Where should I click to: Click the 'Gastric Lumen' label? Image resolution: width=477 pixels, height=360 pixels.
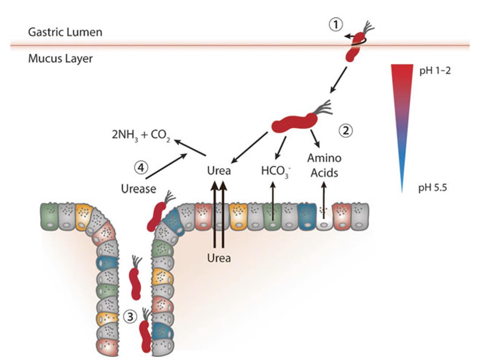(x=65, y=32)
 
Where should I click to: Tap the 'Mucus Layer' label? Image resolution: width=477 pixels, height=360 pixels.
(x=61, y=58)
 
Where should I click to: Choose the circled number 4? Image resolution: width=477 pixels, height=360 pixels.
(x=141, y=168)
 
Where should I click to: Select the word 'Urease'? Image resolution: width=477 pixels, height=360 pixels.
(x=138, y=189)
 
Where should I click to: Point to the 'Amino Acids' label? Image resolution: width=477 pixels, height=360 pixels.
(x=324, y=166)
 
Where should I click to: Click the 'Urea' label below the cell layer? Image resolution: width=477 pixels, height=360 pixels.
(x=219, y=257)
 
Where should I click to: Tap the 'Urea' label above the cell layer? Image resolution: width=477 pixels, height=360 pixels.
(x=219, y=171)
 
